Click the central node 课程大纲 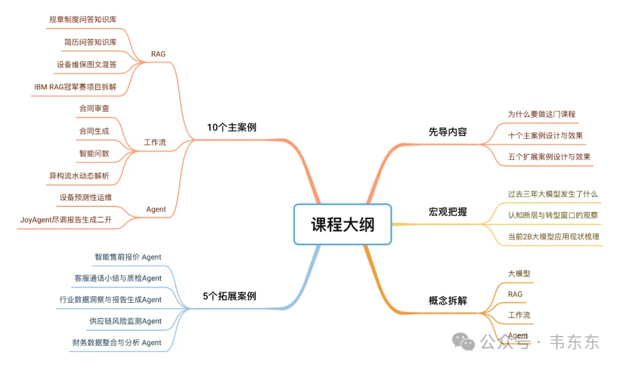tap(343, 224)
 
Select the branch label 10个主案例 tap(231, 127)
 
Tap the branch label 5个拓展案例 tap(230, 296)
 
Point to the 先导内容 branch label tap(448, 132)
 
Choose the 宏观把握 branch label tap(448, 212)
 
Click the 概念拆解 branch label tap(448, 300)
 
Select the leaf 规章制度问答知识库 tap(83, 19)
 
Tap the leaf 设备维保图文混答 tap(87, 64)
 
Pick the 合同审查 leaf tap(94, 108)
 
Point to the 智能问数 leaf tap(94, 153)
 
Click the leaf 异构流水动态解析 tap(79, 175)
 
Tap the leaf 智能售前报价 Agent tap(128, 257)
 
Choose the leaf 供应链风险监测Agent tap(126, 321)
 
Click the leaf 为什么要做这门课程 tap(541, 114)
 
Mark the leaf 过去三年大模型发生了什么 tap(553, 194)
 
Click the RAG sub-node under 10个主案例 tap(158, 54)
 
